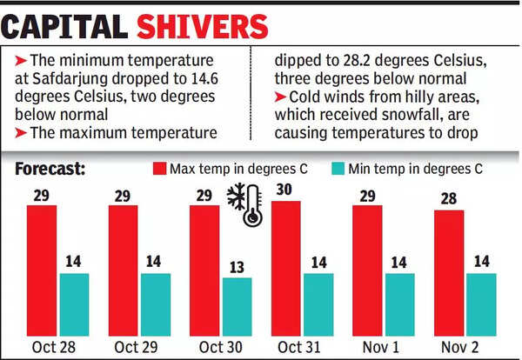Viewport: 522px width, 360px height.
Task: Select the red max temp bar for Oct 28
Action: point(40,270)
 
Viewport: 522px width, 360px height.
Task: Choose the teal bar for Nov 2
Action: point(481,303)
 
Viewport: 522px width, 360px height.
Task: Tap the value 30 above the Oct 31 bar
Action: point(284,190)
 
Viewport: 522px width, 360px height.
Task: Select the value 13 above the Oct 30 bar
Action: point(237,266)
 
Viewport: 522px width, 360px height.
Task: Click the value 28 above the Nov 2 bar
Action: point(449,199)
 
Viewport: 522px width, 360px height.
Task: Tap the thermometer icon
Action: point(253,207)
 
